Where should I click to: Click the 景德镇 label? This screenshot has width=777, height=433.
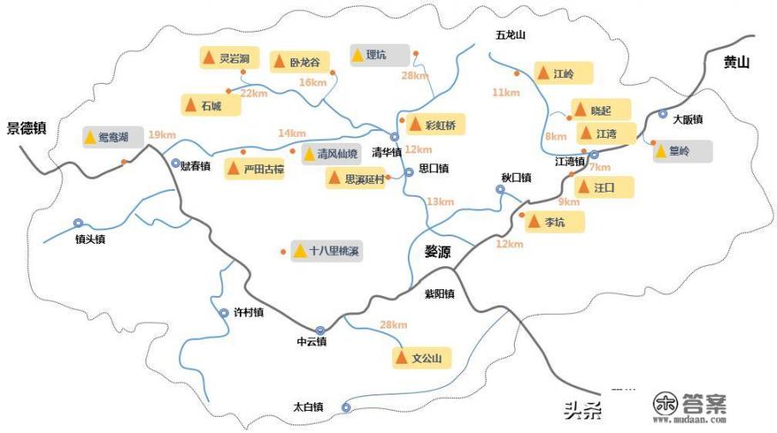[x=26, y=128]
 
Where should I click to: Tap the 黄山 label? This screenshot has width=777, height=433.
[x=736, y=62]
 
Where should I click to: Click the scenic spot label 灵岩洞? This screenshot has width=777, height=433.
[x=234, y=58]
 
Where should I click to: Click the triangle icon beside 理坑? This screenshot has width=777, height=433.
[x=357, y=55]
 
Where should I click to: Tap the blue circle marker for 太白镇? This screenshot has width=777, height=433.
[x=346, y=407]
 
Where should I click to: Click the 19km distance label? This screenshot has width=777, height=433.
[x=162, y=134]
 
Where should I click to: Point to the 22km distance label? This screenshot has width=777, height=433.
[x=254, y=92]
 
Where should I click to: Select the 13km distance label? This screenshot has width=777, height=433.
[x=439, y=201]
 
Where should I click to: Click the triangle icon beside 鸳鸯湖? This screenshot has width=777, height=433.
[x=90, y=137]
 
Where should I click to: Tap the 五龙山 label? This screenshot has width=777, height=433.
[x=510, y=35]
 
